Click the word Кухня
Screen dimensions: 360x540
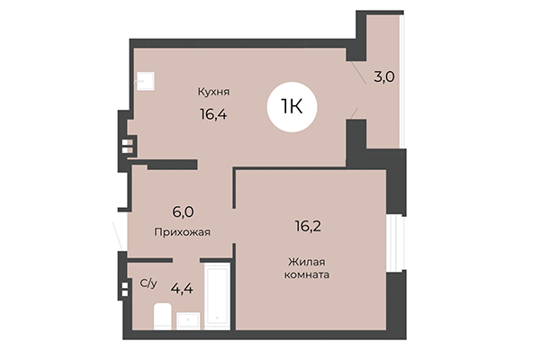point(215,91)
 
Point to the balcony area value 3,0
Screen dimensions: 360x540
point(383,77)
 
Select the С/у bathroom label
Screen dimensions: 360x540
point(148,283)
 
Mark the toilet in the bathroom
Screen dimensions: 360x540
point(163,316)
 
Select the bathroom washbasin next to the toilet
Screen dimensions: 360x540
point(190,319)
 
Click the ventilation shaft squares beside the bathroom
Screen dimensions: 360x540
point(124,290)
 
